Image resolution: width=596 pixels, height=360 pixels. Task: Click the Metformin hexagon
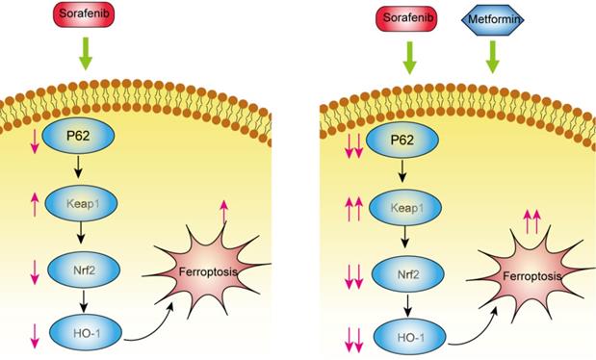(x=493, y=19)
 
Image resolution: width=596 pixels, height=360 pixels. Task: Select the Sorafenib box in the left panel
(x=83, y=14)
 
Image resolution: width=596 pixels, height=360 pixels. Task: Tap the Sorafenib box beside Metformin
(x=406, y=18)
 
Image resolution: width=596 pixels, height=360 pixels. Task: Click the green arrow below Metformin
(x=493, y=57)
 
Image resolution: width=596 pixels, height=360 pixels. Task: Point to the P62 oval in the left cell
(x=78, y=136)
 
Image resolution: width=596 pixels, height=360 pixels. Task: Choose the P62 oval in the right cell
(x=402, y=140)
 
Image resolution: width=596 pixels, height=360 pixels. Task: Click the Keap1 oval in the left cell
(x=82, y=203)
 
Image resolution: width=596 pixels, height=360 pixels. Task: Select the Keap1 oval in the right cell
(x=406, y=208)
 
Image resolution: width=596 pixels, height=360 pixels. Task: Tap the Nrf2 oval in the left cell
(x=84, y=270)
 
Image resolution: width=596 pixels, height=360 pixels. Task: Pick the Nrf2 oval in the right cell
(x=408, y=274)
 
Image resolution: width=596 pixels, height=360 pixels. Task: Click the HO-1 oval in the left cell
(x=86, y=333)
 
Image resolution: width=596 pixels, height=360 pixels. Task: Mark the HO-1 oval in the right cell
(x=410, y=337)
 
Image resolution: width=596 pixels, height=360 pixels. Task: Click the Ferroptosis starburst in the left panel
(x=207, y=270)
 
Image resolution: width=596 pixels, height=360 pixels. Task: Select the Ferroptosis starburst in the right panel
(x=531, y=275)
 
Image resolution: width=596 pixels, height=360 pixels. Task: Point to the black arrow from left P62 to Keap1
(x=78, y=167)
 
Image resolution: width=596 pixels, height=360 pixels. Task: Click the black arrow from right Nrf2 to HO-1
(x=408, y=305)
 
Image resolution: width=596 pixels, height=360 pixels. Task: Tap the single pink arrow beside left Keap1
(x=35, y=204)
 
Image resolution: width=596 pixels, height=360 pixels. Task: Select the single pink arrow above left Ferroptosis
(x=224, y=212)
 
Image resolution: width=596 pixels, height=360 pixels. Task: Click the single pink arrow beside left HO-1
(x=35, y=336)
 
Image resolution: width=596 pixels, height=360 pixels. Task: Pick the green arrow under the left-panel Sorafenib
(x=86, y=54)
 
